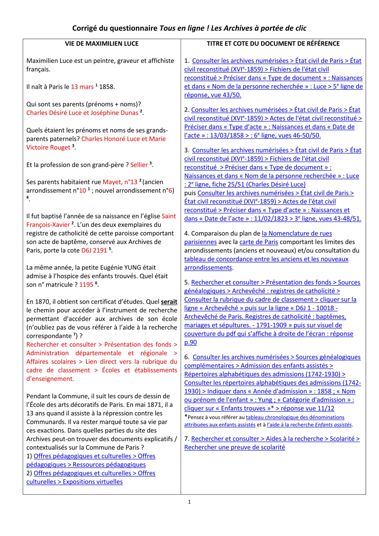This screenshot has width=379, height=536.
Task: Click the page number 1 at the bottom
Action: coord(189,502)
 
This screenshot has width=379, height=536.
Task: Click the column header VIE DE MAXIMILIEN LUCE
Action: coord(102,44)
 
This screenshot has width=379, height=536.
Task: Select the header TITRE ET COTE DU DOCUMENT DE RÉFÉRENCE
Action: coord(273,44)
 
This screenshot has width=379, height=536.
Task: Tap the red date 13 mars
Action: coord(82,87)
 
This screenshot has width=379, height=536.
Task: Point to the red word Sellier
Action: coord(139,165)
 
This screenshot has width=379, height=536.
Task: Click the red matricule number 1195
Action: coord(86,285)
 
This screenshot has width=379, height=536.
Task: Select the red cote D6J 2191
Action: coord(94,250)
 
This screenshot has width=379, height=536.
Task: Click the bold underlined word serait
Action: coord(169,302)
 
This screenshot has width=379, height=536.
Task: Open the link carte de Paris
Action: coord(259,242)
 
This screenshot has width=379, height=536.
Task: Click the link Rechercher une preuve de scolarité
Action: coord(235,447)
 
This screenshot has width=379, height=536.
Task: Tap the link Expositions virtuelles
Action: coord(93,482)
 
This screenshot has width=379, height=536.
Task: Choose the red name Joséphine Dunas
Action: coord(114,113)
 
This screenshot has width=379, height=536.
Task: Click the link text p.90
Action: coord(190,342)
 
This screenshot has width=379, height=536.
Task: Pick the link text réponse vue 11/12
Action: coord(307,408)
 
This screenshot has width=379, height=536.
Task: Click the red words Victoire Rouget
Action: coord(48,147)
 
